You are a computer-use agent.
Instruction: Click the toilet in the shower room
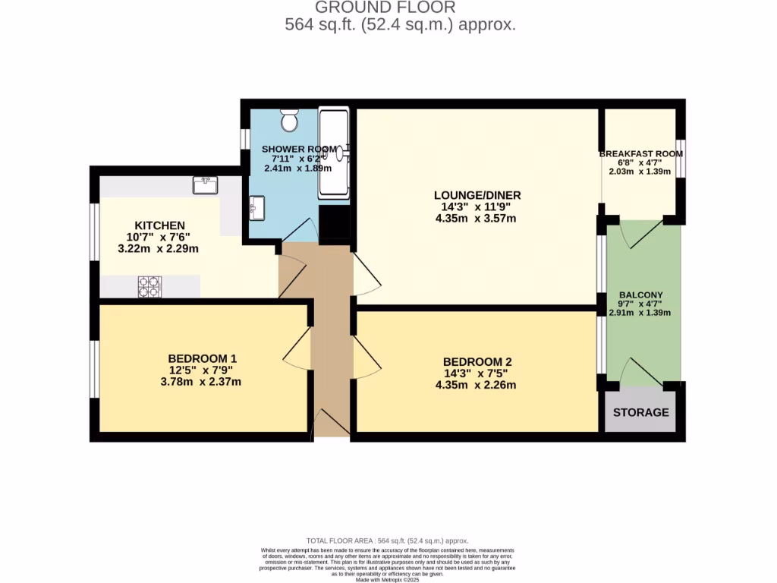[x=289, y=120]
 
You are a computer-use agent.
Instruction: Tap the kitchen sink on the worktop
[x=206, y=184]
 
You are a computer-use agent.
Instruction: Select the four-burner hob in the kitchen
[x=149, y=286]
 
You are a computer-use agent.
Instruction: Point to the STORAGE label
[x=641, y=412]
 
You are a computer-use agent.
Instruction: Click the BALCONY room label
[x=640, y=295]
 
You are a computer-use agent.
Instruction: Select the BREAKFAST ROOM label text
[x=641, y=153]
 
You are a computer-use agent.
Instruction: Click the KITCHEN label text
[x=160, y=225]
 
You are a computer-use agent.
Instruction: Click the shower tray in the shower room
[x=334, y=152]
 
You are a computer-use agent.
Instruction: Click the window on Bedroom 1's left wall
[x=94, y=369]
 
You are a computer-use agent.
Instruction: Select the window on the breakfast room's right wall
[x=681, y=158]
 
